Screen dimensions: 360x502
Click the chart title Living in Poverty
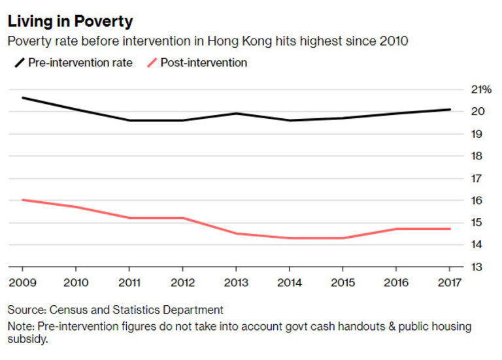point(70,21)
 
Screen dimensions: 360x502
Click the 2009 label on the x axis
point(22,282)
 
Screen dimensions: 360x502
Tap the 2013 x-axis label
point(236,282)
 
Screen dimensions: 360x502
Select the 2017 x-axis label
point(450,282)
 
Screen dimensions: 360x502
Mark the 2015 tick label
point(343,282)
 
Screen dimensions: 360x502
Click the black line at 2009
point(23,98)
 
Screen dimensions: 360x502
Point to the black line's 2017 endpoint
point(450,110)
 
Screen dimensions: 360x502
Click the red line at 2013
point(236,233)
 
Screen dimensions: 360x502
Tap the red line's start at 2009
point(23,200)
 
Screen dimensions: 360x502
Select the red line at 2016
point(396,229)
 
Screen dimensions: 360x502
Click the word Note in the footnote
point(20,326)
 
